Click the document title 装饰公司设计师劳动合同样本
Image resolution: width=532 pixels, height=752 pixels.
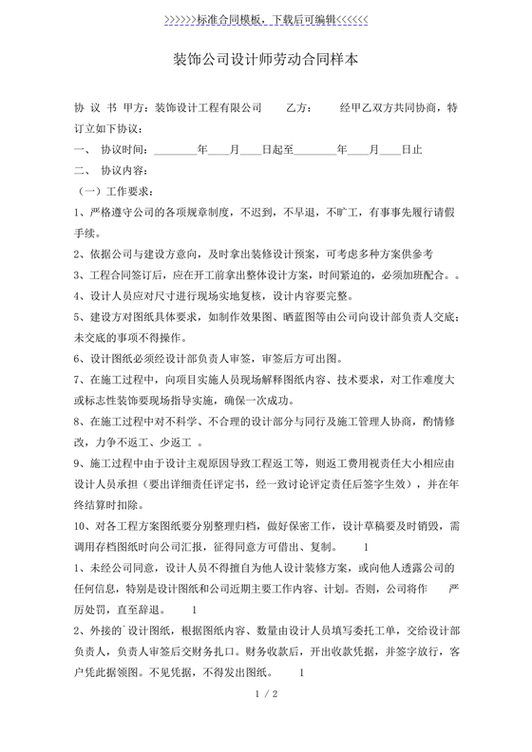coord(266,61)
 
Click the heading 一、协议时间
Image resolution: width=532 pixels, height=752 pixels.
coord(111,150)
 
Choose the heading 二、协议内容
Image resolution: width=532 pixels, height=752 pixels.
coord(111,171)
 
